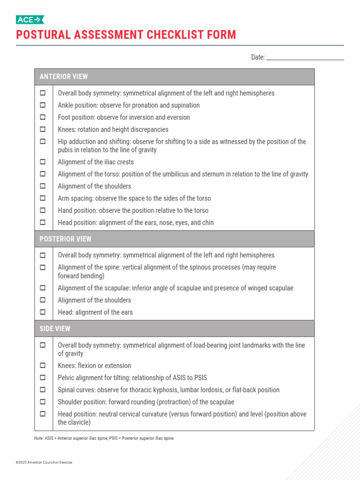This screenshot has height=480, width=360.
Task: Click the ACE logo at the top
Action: pos(30,19)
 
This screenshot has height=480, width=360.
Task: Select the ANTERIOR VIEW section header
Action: pos(64,76)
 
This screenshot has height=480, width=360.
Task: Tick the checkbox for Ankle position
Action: pos(43,105)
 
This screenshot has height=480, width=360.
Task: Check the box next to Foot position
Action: pos(43,117)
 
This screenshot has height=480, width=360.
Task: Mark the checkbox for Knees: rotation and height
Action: pos(43,129)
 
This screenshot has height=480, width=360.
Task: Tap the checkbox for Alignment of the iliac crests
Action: pos(43,162)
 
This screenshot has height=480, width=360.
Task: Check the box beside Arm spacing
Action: pos(43,198)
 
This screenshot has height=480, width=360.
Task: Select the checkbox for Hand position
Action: pos(43,210)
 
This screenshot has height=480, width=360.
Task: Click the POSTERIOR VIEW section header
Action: pos(66,239)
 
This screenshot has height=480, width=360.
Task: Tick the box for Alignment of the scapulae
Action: pos(43,288)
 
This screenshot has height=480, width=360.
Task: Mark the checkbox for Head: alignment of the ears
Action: pos(43,312)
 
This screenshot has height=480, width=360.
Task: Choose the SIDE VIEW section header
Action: pos(55,329)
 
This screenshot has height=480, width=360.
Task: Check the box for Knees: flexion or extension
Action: pos(43,365)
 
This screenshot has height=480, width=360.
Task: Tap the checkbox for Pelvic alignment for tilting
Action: pos(43,377)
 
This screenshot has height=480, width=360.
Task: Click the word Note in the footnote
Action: pos(38,438)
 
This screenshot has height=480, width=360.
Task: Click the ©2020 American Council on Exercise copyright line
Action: pos(44,462)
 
